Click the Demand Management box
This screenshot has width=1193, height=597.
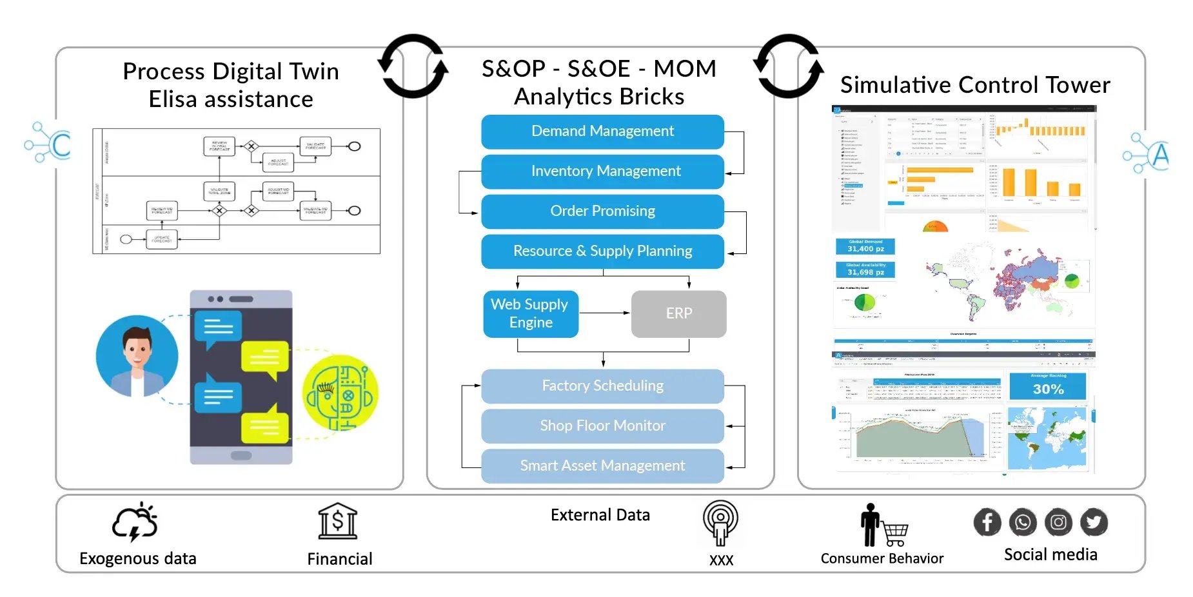coord(602,132)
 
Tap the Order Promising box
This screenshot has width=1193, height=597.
coord(602,211)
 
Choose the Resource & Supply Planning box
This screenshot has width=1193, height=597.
coord(602,251)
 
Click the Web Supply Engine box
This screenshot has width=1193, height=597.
coord(530,314)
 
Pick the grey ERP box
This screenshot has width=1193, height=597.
coord(678,314)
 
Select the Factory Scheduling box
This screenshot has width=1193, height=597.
coord(602,386)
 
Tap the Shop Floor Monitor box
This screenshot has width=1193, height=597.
coord(602,426)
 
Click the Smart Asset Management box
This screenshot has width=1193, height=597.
coord(602,466)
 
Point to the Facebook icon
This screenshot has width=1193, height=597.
coord(987,522)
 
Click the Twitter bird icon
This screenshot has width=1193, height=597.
coord(1094,522)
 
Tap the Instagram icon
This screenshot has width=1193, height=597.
coord(1058,522)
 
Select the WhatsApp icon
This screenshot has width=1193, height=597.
coord(1023,522)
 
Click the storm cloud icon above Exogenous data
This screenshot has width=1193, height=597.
coord(135,522)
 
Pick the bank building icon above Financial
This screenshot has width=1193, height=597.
coord(338,522)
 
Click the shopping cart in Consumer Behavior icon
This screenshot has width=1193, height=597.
coord(895,534)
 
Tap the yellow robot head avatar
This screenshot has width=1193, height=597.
coord(340,393)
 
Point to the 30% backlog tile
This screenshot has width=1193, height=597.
coord(1048,386)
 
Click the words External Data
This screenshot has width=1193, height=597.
coord(600,515)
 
